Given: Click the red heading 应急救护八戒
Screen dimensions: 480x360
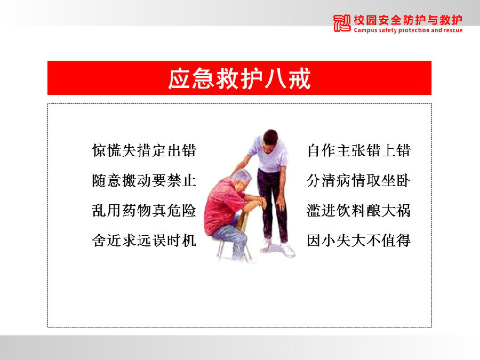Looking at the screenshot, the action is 239,79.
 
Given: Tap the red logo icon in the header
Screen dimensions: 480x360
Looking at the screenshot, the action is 342,23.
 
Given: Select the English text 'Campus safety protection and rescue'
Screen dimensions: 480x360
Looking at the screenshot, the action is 408,30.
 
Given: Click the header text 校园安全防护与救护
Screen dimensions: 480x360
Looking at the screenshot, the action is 408,20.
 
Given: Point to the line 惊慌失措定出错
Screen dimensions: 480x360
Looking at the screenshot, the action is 144,150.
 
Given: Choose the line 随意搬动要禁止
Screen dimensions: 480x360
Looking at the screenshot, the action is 144,180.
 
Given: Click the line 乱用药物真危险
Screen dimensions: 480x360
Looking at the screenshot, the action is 144,210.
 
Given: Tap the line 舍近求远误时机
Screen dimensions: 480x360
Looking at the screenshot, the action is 144,241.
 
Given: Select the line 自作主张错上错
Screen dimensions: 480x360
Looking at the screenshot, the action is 359,150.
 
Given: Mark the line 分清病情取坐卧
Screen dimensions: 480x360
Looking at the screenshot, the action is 359,180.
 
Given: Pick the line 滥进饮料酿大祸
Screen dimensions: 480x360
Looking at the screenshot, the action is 359,210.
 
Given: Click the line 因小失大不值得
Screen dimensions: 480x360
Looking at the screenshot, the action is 359,241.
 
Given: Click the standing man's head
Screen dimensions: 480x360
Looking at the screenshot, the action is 270,140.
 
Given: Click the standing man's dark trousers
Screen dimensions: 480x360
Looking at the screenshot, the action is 273,202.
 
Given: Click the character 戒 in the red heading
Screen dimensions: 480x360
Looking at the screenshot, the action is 299,79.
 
